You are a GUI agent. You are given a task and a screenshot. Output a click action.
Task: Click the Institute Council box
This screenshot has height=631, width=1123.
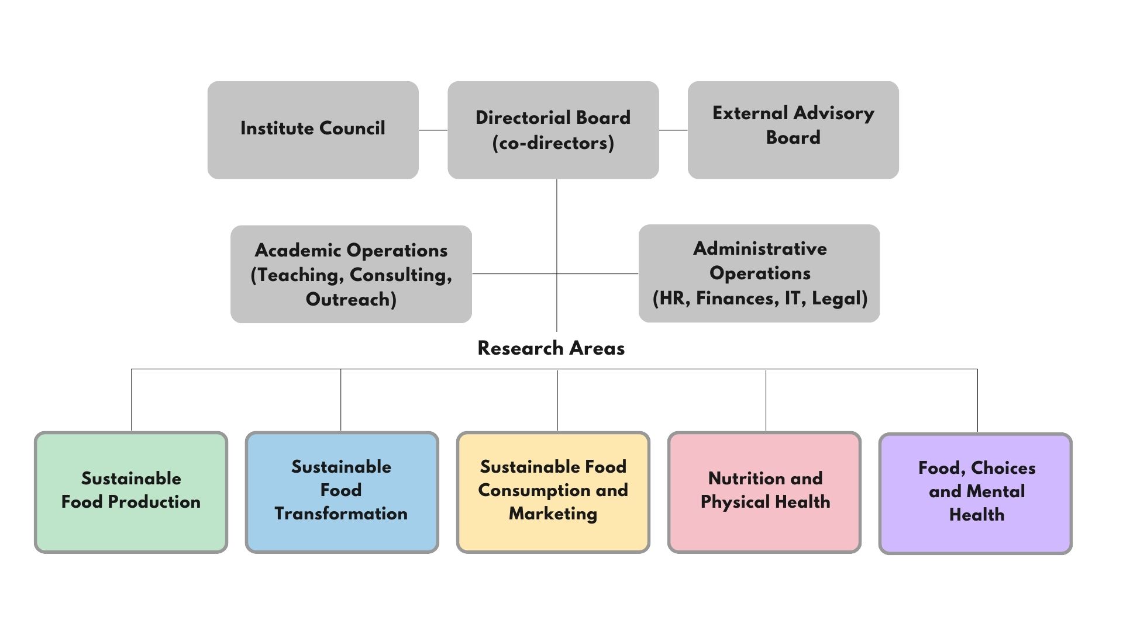coord(313,130)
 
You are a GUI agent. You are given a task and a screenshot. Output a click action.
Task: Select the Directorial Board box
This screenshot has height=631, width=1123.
coord(553,130)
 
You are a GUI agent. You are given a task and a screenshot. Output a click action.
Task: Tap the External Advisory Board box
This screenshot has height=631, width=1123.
coord(793,130)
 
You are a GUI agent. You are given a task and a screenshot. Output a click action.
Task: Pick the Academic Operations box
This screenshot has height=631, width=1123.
coord(351,274)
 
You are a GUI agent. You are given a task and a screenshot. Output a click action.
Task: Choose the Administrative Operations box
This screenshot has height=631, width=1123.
coord(759,273)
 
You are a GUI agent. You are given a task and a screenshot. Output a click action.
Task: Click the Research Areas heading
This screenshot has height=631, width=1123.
coord(551,348)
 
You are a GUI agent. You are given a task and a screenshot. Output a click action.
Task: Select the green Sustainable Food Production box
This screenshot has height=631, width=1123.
coord(131,493)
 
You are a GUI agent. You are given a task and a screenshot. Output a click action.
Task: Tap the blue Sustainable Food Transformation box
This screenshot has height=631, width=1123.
coord(342,493)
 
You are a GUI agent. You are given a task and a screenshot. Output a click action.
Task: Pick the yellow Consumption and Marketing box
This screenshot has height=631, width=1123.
coord(553,493)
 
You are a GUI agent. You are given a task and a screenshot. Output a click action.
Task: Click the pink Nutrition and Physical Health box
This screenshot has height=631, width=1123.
coord(764,493)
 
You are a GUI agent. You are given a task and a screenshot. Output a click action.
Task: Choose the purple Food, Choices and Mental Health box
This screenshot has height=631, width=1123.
coord(976,494)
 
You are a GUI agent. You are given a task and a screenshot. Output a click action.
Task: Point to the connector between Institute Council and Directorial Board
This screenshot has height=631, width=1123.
coord(433,130)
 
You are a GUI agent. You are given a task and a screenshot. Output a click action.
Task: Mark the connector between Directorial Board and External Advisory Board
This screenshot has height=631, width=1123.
coord(673,130)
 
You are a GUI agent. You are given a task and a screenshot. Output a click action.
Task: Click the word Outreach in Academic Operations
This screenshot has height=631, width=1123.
coord(351,300)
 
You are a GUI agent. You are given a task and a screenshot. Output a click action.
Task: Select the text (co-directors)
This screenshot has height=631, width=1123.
coord(553,143)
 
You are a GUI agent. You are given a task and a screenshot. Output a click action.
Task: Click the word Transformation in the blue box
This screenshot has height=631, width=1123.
coord(341,514)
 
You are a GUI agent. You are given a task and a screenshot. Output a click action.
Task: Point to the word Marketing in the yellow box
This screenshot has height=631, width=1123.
coord(553,514)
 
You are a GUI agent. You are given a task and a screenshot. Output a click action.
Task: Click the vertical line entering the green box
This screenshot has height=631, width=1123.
coord(131,400)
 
